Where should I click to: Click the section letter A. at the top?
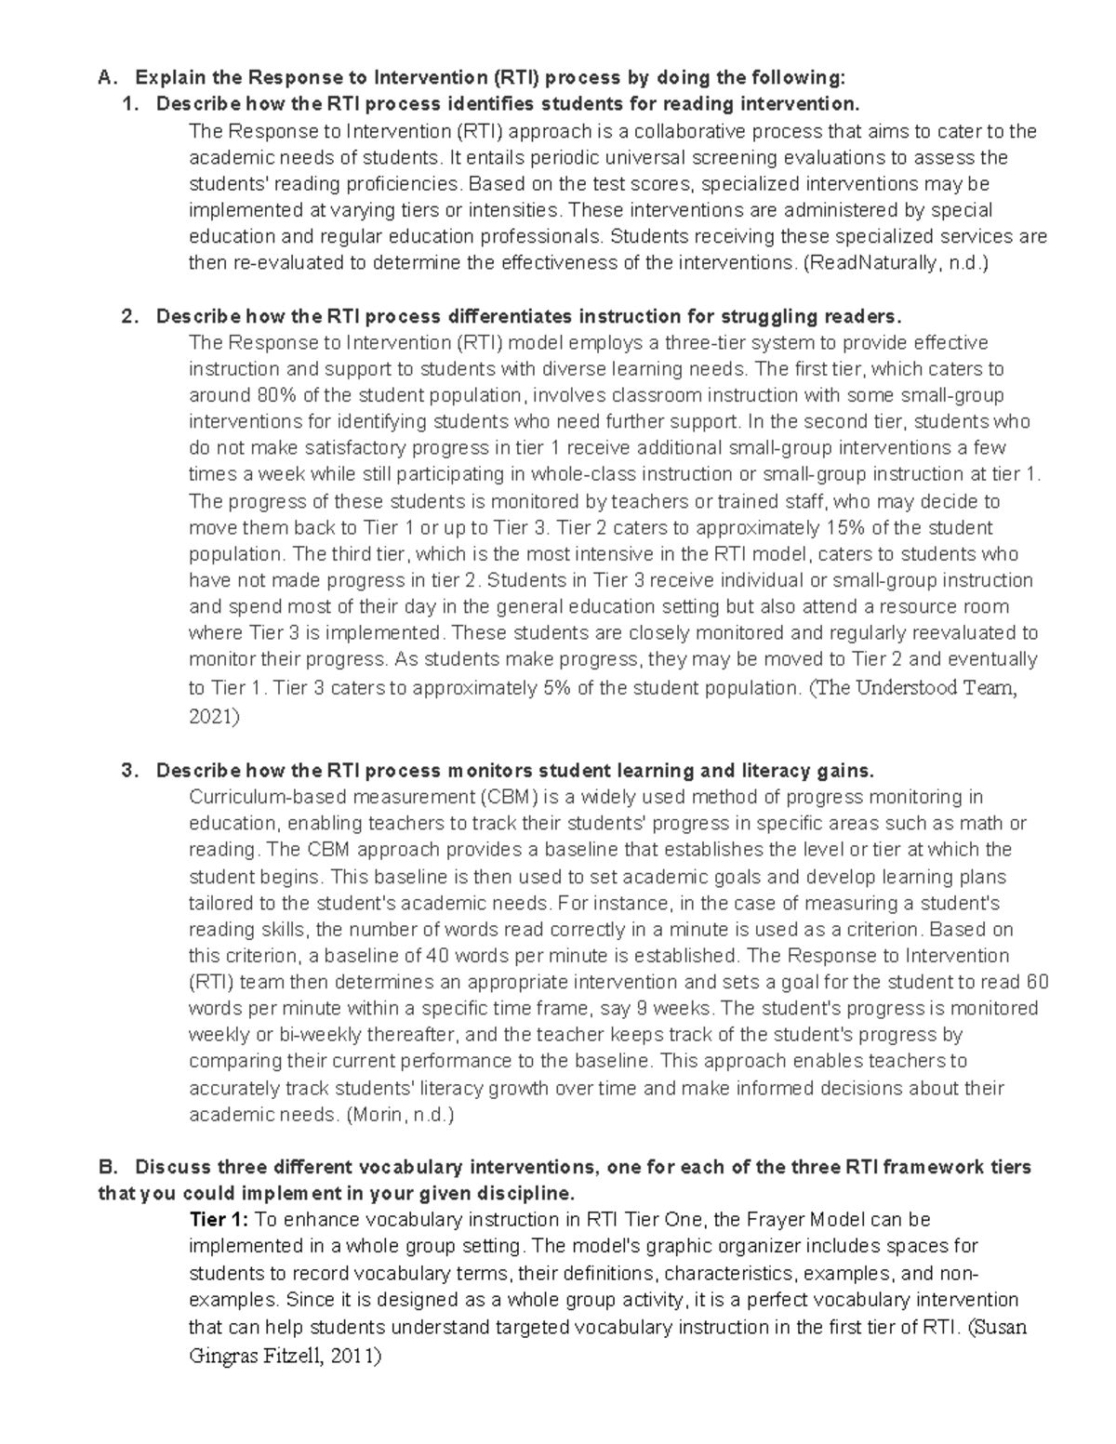105,76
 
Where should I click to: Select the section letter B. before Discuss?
105,1167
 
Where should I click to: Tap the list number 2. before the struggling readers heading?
130,316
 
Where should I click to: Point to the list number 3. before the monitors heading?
130,770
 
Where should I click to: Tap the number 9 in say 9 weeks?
646,1009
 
